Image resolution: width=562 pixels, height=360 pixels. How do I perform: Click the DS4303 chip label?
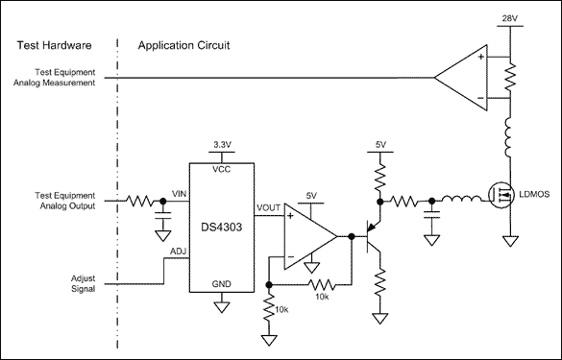(x=222, y=227)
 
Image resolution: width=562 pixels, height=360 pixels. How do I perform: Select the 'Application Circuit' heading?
(x=183, y=45)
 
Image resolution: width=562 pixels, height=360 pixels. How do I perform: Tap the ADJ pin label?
(x=178, y=252)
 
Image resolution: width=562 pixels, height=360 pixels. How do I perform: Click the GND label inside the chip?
(x=222, y=284)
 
